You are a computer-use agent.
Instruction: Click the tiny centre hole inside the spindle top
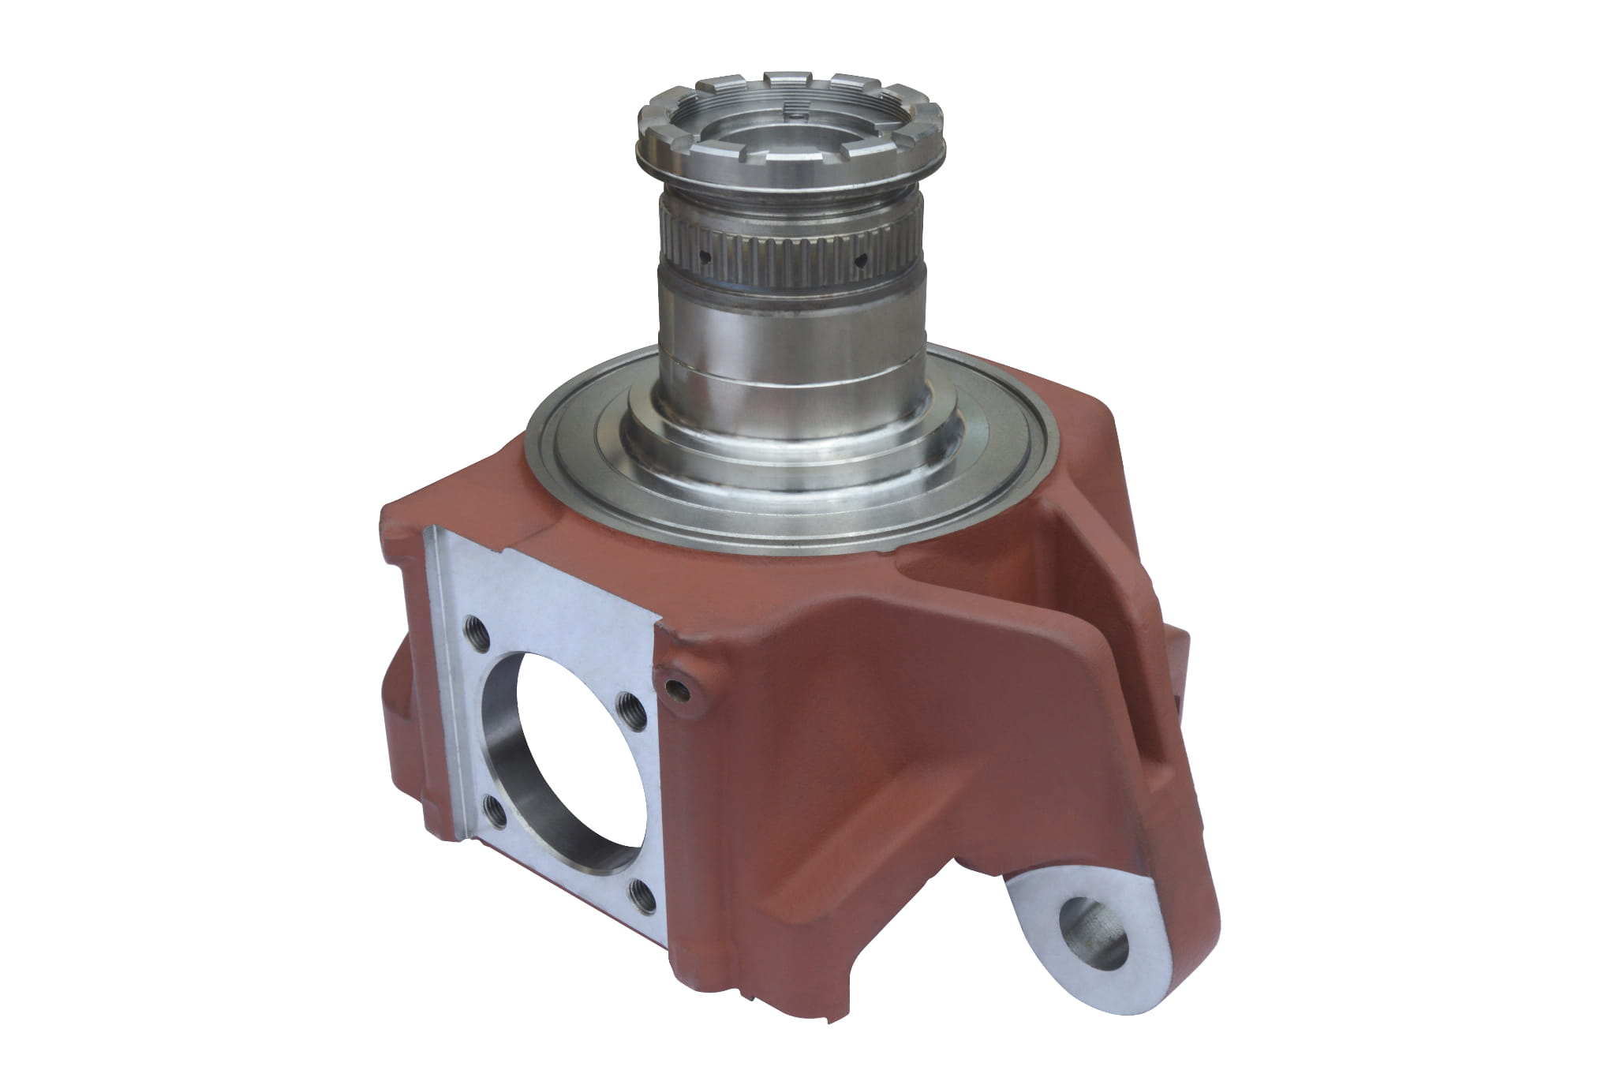click(799, 116)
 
